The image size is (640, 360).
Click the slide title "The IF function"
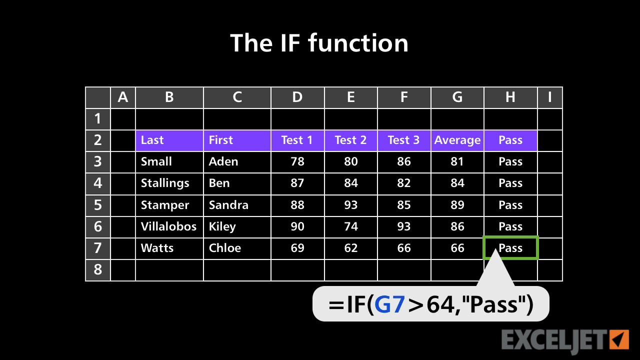tap(319, 43)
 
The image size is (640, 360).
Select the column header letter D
tap(297, 97)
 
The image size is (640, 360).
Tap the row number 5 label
tap(97, 205)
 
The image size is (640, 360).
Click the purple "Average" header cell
tap(457, 140)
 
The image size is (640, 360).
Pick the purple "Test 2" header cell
tap(350, 140)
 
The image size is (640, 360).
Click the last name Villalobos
tap(168, 226)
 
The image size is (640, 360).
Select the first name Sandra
tap(228, 205)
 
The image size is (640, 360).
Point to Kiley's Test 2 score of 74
tap(350, 226)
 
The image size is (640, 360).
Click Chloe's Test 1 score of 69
tap(297, 248)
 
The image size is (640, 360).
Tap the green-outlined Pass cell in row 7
tap(510, 248)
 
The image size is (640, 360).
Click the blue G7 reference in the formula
tap(389, 304)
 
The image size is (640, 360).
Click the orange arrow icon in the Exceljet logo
tap(620, 339)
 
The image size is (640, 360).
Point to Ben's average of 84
tap(457, 183)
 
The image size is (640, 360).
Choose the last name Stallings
tap(165, 183)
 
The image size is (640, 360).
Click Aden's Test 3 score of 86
tap(404, 161)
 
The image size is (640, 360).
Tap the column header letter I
tap(550, 97)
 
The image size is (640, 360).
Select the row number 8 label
tap(97, 269)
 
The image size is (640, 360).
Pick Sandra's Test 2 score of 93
tap(350, 205)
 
